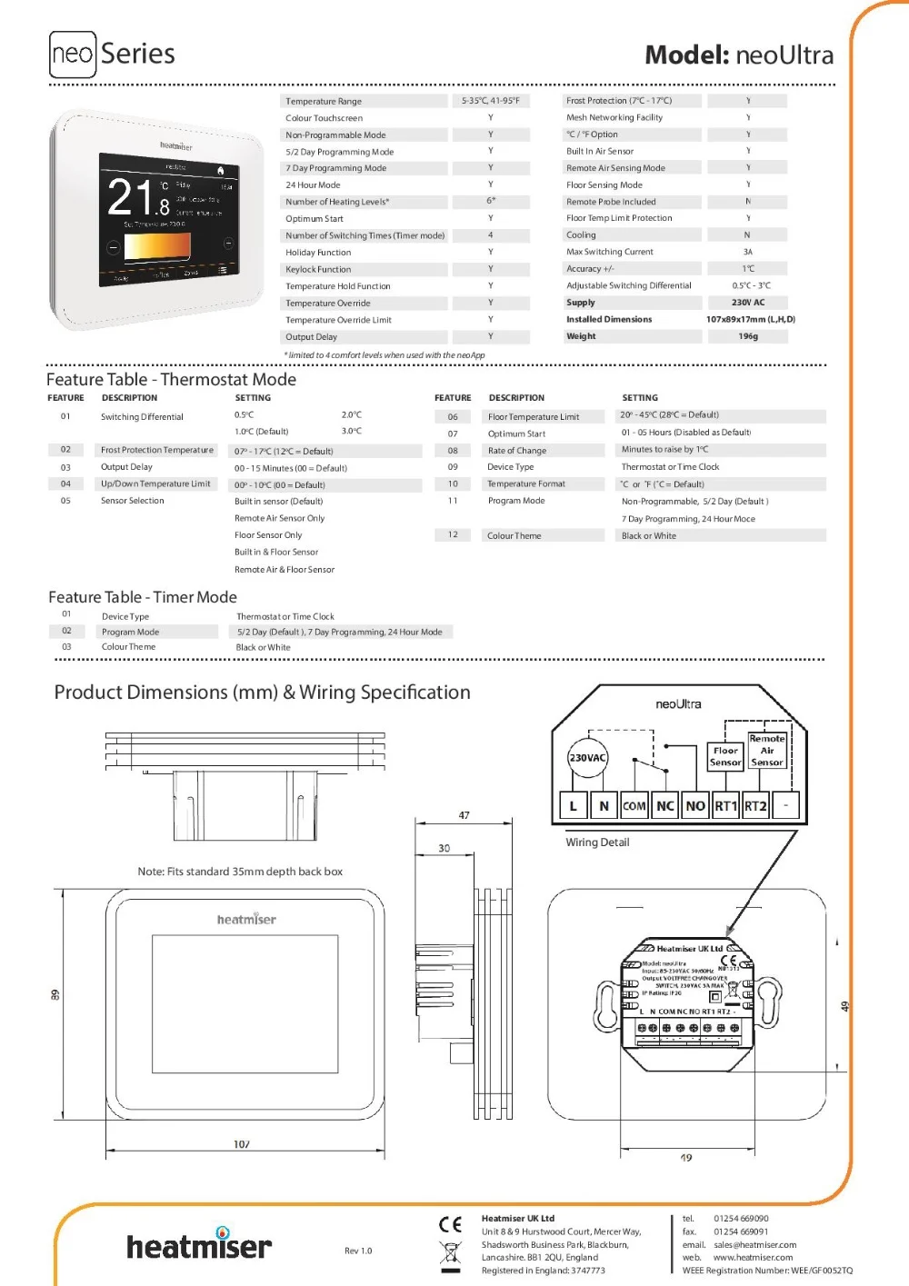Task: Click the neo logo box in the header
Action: coord(72,55)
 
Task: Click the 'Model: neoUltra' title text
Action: coord(739,55)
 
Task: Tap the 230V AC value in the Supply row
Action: coord(747,303)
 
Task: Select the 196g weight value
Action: coord(747,336)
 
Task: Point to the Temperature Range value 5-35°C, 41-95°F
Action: coord(490,101)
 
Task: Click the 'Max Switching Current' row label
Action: coord(609,252)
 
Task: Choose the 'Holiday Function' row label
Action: coord(318,253)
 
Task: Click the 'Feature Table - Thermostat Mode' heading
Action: coord(171,380)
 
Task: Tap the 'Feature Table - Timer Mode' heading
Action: coord(143,597)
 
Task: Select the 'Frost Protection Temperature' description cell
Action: coord(157,450)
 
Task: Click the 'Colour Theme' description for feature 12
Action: coord(514,536)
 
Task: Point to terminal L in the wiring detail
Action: coord(573,806)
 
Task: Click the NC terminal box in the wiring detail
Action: coord(665,806)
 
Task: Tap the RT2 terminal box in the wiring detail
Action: coord(755,806)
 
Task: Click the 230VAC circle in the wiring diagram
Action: coord(587,758)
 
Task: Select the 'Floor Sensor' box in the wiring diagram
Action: coord(725,756)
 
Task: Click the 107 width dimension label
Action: coord(242,1144)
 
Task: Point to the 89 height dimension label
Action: coord(55,995)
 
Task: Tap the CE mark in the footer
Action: coord(450,1224)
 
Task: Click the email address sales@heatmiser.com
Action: coord(754,1245)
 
